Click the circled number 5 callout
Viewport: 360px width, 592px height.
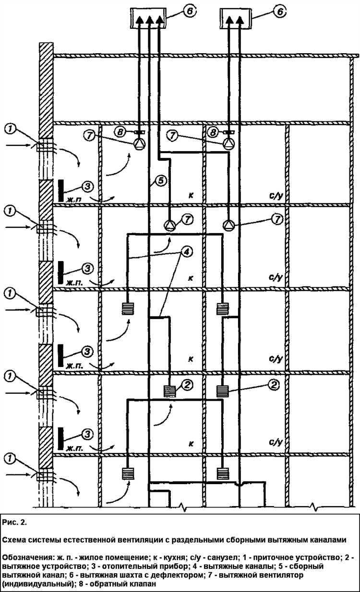(x=160, y=180)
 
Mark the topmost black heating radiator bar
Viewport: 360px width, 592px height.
(x=60, y=190)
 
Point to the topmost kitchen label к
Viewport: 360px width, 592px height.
(x=191, y=195)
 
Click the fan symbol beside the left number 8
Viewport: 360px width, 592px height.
(x=139, y=142)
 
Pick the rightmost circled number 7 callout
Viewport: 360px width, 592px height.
(x=277, y=219)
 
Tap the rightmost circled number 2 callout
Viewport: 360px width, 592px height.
(x=273, y=384)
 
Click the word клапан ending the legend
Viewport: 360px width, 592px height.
(x=143, y=583)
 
